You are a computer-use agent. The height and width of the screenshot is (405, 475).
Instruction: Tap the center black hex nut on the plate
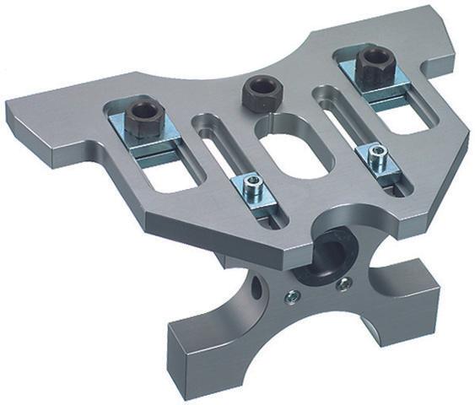(260, 93)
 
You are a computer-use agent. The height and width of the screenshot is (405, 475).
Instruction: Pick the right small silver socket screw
(376, 154)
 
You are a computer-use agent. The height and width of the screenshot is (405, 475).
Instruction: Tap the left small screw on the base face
(290, 295)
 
